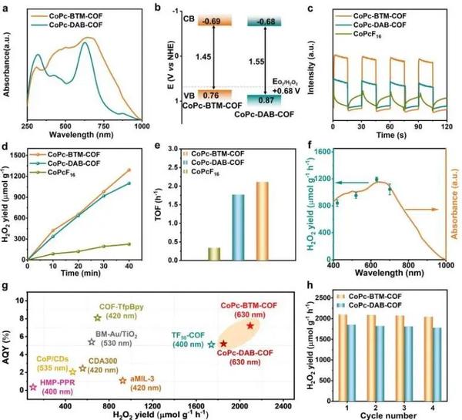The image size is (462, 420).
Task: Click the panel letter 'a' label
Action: pyautogui.click(x=7, y=8)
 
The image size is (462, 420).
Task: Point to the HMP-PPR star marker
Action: pyautogui.click(x=32, y=387)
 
